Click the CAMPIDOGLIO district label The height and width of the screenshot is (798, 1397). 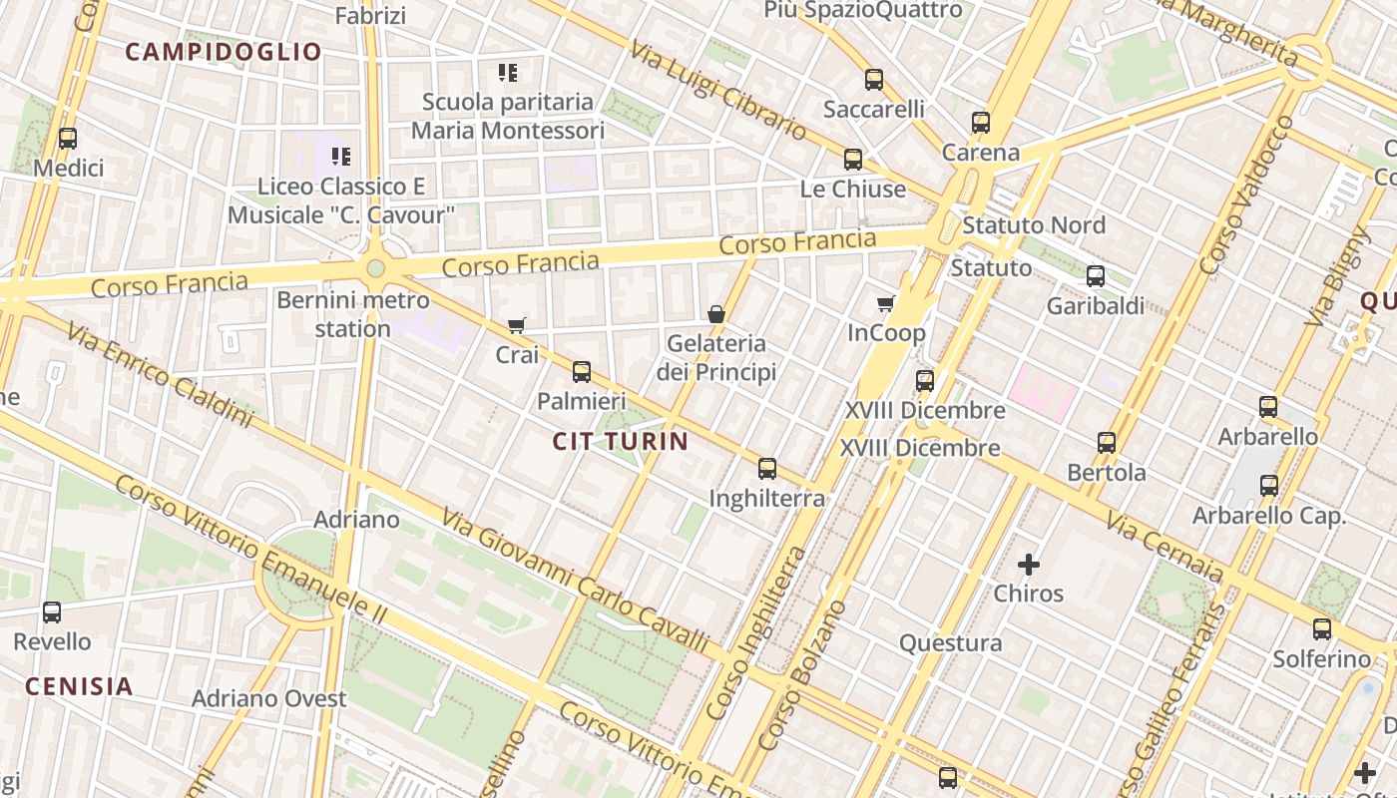pos(224,52)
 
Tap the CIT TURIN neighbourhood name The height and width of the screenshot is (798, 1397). pos(621,441)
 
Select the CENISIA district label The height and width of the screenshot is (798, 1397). pos(79,686)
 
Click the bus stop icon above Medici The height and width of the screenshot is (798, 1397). pos(68,139)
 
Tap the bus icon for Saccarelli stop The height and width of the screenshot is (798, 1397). pos(874,80)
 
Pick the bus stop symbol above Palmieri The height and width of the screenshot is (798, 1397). pos(582,372)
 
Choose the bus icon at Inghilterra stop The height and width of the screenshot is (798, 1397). pos(767,468)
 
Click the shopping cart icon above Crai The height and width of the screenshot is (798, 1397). pos(516,325)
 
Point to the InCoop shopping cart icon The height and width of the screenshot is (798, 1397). pos(885,303)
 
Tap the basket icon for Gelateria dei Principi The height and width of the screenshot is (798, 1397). pos(715,314)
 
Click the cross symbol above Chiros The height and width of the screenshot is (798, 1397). pos(1028,565)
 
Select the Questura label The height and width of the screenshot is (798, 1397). pos(951,643)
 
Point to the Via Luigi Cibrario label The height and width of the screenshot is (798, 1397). pos(717,90)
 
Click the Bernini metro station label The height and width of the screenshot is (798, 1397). pos(353,313)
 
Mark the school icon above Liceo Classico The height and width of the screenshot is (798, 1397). pos(341,157)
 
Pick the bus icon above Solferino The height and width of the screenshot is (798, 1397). pos(1322,629)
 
